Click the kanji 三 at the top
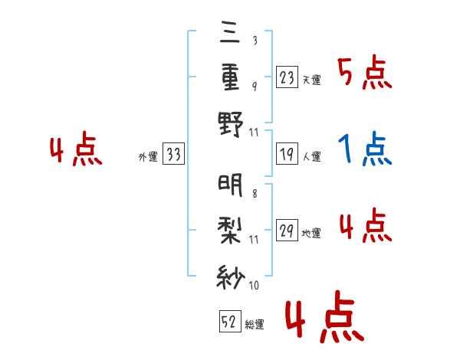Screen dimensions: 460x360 [230, 31]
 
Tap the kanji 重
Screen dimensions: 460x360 [230, 77]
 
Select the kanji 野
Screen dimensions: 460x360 [231, 124]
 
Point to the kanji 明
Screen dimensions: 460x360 [230, 185]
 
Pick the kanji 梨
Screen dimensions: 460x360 [229, 231]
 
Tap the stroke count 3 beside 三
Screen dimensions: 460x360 [255, 40]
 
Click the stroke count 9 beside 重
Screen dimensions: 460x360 [255, 87]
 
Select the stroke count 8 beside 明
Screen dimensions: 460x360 [255, 194]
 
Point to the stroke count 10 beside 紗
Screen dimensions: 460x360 [254, 285]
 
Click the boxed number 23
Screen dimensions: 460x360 [287, 77]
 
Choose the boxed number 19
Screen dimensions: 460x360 [287, 154]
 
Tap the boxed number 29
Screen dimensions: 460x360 [287, 230]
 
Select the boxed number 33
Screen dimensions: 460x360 [173, 154]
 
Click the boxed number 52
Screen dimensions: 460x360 [230, 321]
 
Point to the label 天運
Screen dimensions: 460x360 [311, 80]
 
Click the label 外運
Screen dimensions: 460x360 [148, 157]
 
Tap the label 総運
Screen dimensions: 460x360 [255, 324]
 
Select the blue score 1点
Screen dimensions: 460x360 [365, 149]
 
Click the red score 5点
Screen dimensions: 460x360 [365, 72]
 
